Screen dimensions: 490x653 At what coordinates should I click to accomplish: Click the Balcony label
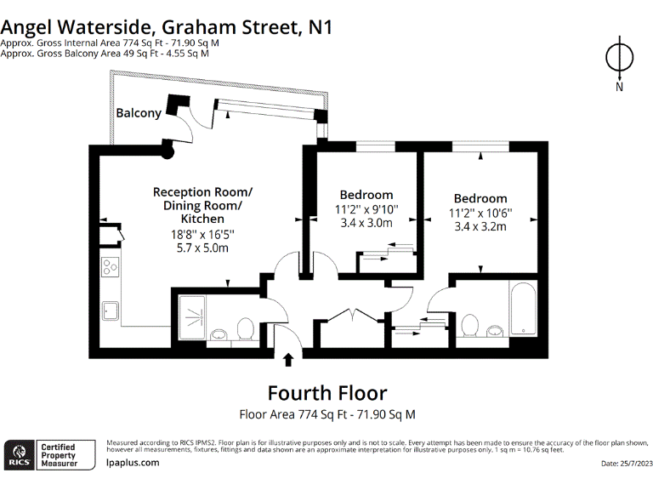139,113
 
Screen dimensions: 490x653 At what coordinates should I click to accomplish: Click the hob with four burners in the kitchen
111,268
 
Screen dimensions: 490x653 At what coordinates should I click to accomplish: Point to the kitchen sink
111,308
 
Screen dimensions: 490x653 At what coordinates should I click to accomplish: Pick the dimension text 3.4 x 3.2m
480,227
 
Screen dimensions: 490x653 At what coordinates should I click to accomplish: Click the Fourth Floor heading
326,393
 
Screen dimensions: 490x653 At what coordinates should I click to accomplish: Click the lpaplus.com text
133,463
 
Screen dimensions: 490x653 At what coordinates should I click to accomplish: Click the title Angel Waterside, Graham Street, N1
167,26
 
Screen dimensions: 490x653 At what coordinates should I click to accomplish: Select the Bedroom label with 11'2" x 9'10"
366,194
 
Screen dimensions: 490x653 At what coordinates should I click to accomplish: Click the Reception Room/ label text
202,191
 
